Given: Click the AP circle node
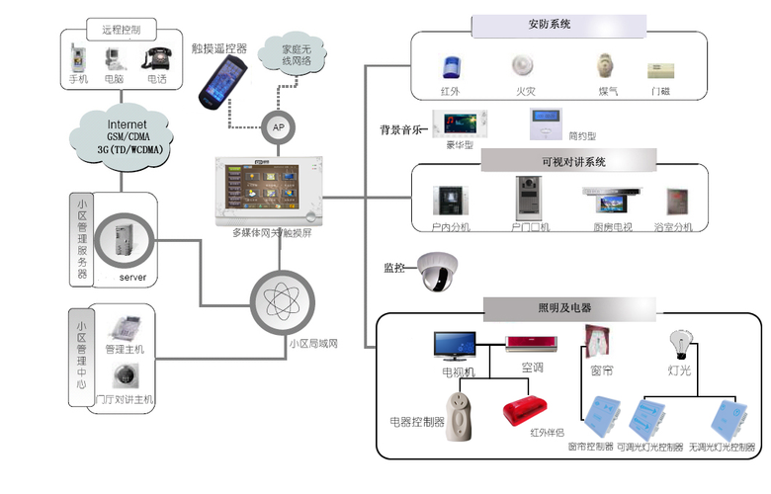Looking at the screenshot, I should (x=278, y=124).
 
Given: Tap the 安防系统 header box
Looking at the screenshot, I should (x=557, y=25).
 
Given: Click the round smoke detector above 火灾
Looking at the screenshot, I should (x=523, y=66).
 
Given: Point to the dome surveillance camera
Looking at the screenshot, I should (x=436, y=271).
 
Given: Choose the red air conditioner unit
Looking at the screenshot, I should (x=532, y=344).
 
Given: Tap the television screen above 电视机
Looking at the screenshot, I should (x=458, y=346).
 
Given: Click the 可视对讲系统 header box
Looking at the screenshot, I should (x=567, y=160).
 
